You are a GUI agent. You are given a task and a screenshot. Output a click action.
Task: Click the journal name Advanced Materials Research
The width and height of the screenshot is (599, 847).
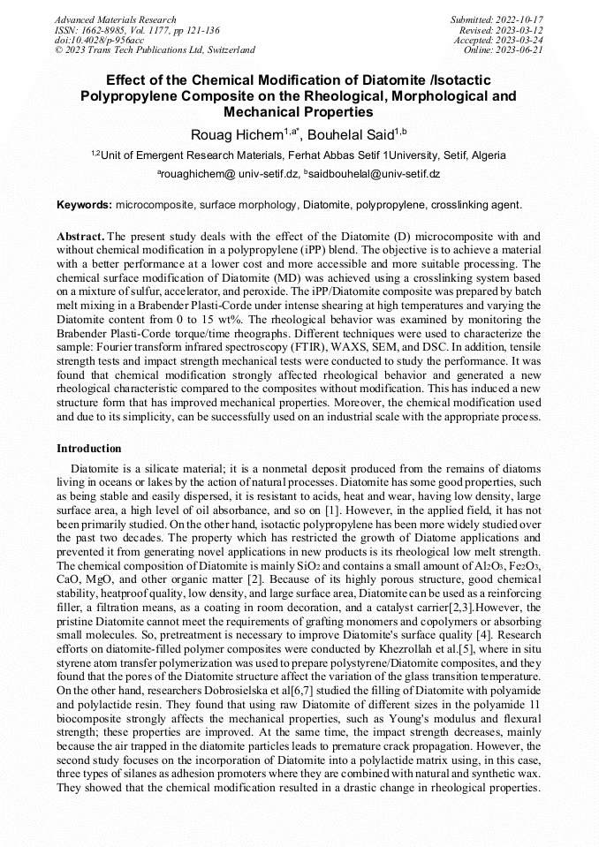(x=115, y=19)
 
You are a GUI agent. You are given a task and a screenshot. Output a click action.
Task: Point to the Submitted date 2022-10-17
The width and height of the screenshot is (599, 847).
(x=522, y=19)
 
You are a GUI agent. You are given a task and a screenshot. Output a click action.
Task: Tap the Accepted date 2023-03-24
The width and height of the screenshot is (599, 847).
(x=522, y=40)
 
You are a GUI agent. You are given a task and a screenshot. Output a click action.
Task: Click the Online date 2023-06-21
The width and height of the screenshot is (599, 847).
(x=522, y=49)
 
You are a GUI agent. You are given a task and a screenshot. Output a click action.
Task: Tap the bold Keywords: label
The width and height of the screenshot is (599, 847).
(x=84, y=205)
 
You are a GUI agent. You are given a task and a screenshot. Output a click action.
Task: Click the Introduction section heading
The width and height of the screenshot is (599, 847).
(x=88, y=449)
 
